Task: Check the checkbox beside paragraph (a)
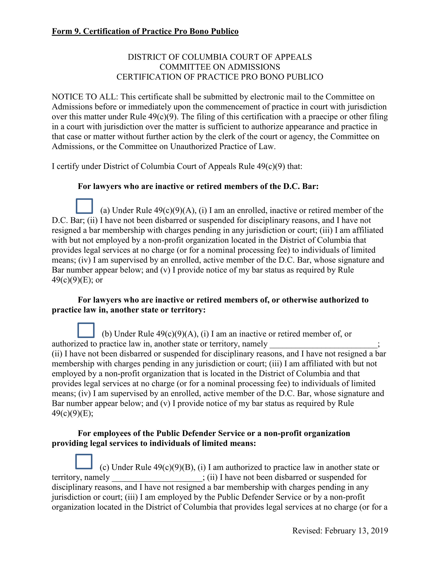84,206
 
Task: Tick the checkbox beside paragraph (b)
86,330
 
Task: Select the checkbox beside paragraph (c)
84,461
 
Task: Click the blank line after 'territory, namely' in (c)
157,477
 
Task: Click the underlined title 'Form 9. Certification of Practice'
145,31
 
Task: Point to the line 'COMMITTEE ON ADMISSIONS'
220,67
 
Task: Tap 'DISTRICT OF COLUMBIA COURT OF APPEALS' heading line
220,57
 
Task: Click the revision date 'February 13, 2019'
356,531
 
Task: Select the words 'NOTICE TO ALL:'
85,97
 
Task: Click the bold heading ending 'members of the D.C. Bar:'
198,186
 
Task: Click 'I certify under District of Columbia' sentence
177,166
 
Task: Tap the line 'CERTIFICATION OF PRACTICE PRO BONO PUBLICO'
220,77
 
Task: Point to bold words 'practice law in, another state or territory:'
128,310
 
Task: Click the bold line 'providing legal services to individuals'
154,443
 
